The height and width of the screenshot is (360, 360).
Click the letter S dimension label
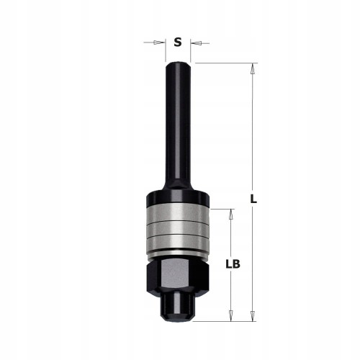click(178, 42)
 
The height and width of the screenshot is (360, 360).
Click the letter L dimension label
click(253, 199)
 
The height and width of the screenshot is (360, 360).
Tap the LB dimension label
click(233, 264)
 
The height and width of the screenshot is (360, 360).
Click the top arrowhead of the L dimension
click(252, 68)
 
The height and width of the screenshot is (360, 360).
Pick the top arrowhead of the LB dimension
click(231, 214)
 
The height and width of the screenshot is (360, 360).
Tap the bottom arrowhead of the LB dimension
click(231, 316)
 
